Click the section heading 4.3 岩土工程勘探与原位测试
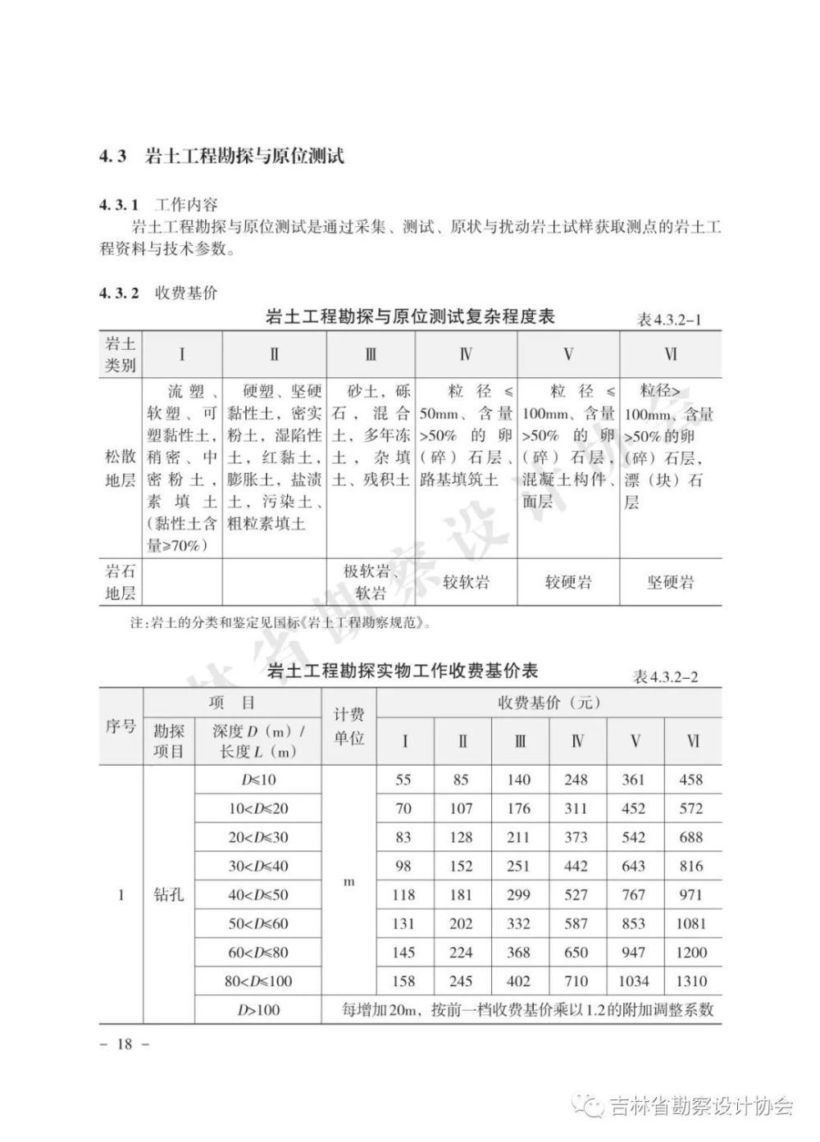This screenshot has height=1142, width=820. (221, 156)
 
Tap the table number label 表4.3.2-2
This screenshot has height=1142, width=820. (667, 676)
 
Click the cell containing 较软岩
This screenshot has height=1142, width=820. (466, 583)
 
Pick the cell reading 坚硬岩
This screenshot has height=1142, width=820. (670, 583)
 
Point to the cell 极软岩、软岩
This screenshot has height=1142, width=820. (371, 582)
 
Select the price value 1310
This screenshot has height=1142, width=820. (691, 980)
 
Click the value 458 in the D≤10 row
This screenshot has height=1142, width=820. (691, 780)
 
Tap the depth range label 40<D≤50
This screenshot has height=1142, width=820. (258, 894)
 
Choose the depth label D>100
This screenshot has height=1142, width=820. (258, 1009)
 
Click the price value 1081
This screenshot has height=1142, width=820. (691, 923)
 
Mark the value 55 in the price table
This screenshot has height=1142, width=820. (403, 780)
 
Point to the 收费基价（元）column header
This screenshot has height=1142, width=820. (549, 703)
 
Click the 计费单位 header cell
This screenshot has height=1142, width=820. (348, 726)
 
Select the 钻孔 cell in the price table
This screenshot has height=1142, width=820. (168, 894)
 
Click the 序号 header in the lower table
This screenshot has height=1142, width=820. (121, 726)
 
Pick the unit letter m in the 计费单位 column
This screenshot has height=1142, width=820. (348, 882)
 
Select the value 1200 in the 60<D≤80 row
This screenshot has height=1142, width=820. (691, 952)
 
